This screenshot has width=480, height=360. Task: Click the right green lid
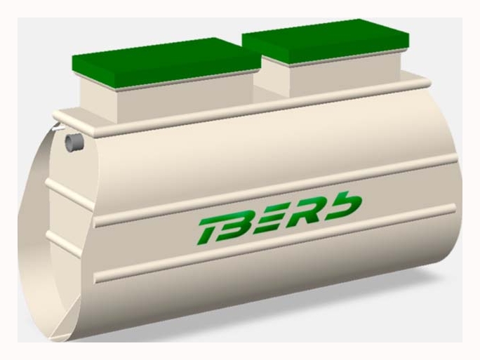point(326,41)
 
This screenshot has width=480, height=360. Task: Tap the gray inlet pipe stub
point(74,142)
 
